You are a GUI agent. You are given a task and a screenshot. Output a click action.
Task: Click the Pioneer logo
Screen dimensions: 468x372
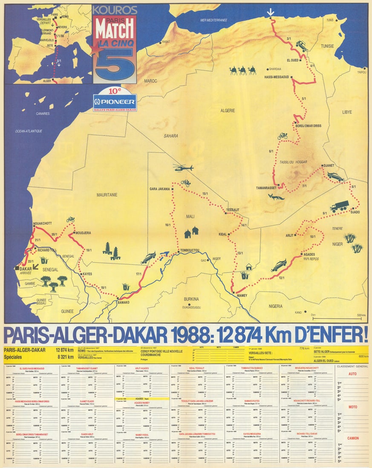(115, 102)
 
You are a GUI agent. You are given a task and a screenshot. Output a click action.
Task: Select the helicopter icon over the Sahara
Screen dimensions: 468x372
(183, 168)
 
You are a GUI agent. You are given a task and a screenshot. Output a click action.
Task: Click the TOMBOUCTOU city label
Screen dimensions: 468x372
(190, 251)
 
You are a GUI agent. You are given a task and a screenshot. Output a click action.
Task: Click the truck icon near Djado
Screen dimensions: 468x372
(339, 206)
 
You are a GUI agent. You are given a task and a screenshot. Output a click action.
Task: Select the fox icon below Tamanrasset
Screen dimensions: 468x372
(276, 197)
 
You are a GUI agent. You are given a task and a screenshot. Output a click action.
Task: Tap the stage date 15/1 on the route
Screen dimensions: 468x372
(205, 194)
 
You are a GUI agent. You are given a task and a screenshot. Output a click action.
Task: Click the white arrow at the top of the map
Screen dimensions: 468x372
(270, 13)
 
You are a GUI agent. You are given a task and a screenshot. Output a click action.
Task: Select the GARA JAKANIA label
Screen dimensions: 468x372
(160, 188)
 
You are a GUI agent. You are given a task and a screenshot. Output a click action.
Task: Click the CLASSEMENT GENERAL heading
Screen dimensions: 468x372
(352, 366)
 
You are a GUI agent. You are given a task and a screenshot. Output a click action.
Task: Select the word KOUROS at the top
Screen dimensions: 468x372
(114, 10)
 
